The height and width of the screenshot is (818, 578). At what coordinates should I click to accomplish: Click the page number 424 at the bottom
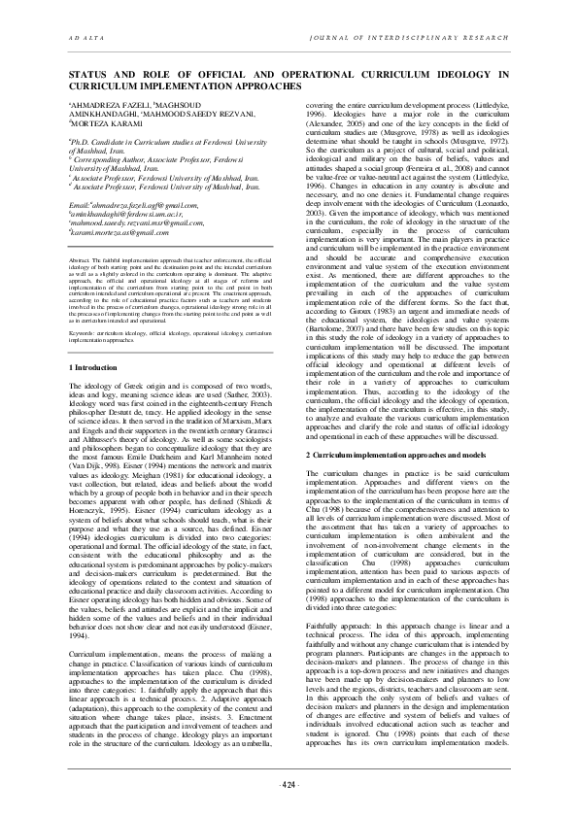[x=289, y=784]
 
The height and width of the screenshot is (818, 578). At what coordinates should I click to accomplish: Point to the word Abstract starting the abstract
[x=85, y=235]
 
